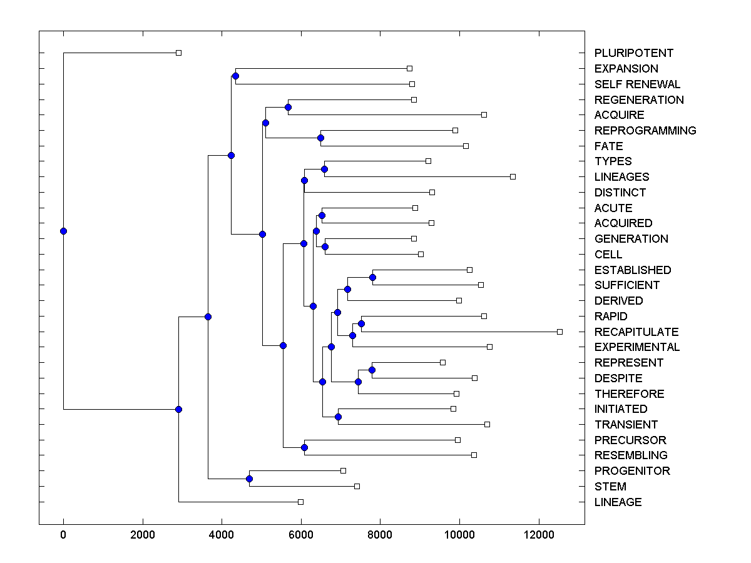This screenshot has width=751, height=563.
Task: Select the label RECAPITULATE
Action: click(x=636, y=332)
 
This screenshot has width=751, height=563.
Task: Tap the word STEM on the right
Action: click(x=610, y=486)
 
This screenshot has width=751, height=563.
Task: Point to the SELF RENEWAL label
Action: click(x=637, y=84)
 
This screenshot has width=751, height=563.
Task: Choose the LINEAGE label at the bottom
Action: click(x=618, y=502)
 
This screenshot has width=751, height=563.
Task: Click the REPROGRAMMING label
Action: click(x=645, y=130)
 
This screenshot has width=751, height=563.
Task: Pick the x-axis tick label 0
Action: click(x=63, y=535)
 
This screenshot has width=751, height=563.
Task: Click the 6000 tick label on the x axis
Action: click(x=301, y=535)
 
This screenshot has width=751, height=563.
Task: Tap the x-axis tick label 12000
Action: click(x=539, y=535)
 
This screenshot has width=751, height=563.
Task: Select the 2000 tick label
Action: click(x=143, y=535)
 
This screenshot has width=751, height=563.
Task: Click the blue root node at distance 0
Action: click(x=63, y=231)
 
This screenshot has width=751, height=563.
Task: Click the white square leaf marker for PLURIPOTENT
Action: click(x=178, y=53)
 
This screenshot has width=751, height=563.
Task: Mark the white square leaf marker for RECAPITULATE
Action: click(x=559, y=332)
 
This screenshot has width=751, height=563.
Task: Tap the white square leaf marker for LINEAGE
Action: click(x=300, y=502)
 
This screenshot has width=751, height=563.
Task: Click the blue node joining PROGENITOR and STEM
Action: click(x=249, y=479)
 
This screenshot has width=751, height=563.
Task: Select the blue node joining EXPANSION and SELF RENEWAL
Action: click(x=235, y=76)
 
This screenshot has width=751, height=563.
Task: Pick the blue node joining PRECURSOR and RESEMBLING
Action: click(x=304, y=447)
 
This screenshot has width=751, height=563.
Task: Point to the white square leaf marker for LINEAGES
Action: click(x=513, y=176)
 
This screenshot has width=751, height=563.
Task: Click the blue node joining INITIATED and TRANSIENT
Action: click(x=338, y=417)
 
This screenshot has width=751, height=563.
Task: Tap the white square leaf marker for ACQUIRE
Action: click(x=484, y=114)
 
